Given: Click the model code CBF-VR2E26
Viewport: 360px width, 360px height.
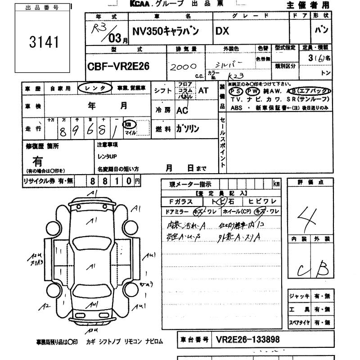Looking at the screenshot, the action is point(118,67).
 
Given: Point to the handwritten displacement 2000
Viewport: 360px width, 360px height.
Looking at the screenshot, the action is point(181,66).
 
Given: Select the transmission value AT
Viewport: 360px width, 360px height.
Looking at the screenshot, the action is point(203,90).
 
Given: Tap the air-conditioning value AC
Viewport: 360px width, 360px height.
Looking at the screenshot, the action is point(182,110).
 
